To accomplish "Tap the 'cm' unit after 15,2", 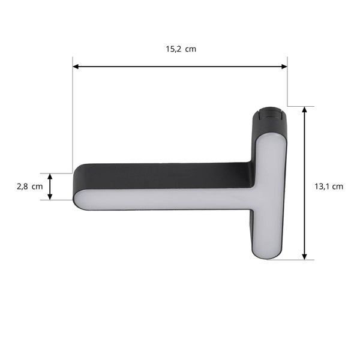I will (x=191, y=49).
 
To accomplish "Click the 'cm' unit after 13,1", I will (x=338, y=187).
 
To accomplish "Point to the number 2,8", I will (x=22, y=187).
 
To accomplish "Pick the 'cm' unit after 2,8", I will (x=37, y=187).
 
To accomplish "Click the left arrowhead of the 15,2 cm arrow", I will (x=76, y=67).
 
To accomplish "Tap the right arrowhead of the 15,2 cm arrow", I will (x=284, y=67).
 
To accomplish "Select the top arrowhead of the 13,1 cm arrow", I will (x=305, y=111).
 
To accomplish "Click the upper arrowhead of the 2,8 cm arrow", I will (x=50, y=177).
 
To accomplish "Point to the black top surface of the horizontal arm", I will (x=162, y=175).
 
